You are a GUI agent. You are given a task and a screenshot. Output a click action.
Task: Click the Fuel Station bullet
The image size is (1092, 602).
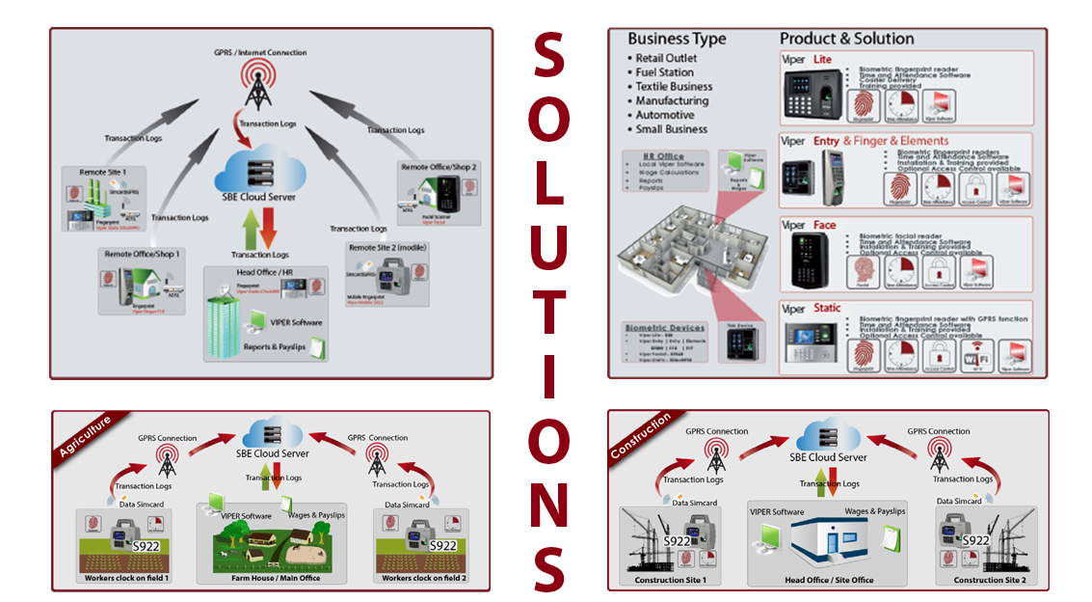664,72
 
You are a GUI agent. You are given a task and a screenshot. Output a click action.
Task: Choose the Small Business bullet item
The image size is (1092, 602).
671,129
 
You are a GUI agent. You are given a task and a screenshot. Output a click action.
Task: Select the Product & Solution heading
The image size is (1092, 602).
846,40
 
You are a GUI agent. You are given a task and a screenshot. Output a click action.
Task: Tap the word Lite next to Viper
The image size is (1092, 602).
822,60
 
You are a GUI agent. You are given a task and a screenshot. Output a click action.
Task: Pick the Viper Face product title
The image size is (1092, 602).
809,226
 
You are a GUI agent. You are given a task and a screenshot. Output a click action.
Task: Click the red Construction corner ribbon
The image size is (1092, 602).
641,436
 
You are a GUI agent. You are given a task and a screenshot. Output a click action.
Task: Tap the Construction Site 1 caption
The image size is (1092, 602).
671,580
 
